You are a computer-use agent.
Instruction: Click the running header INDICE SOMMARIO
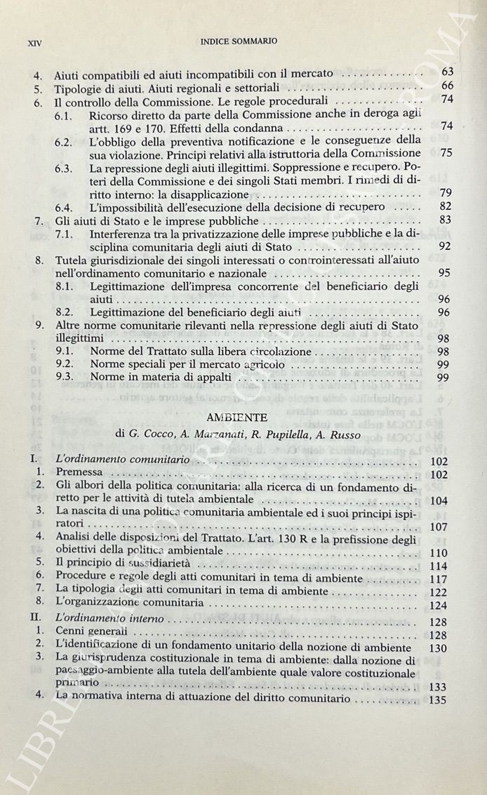click(239, 41)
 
